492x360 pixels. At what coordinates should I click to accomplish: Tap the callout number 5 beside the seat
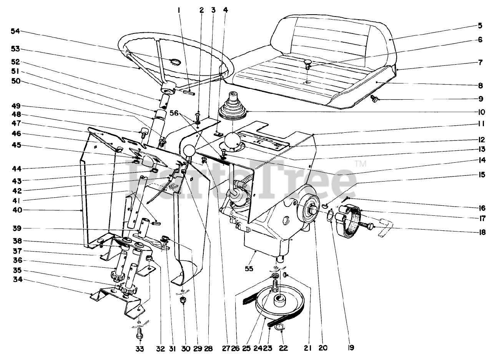pyautogui.click(x=480, y=27)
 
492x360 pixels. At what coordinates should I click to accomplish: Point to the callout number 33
pyautogui.click(x=140, y=349)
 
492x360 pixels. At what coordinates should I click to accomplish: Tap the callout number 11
pyautogui.click(x=480, y=124)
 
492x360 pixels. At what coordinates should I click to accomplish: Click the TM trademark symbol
pyautogui.click(x=360, y=163)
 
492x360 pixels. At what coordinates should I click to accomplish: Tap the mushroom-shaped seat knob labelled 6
pyautogui.click(x=308, y=64)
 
